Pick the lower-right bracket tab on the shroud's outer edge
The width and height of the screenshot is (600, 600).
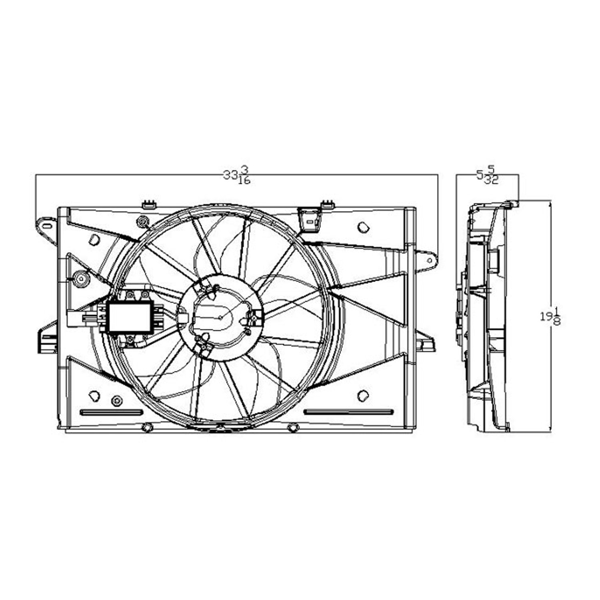pos(425,344)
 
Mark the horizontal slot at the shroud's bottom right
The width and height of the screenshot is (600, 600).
pos(348,412)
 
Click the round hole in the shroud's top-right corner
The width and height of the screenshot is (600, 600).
pos(363,227)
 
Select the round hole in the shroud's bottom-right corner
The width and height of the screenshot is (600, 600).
pos(362,396)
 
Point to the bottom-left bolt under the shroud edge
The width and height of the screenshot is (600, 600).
pos(147,428)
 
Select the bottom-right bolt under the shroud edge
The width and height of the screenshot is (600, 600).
pos(293,428)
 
